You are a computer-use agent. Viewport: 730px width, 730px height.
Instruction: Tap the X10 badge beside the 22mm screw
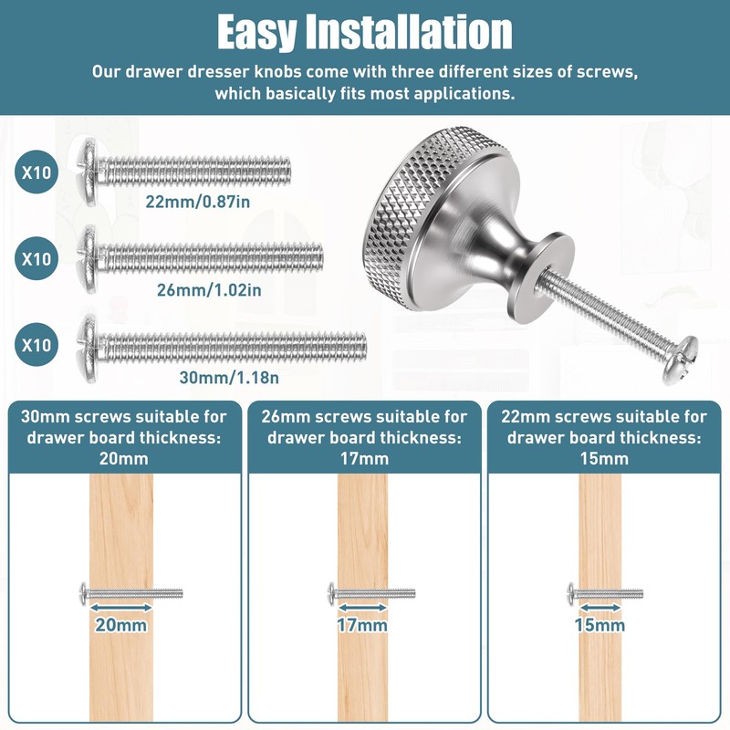[36, 171]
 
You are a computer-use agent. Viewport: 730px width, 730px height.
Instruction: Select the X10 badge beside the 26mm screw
[36, 258]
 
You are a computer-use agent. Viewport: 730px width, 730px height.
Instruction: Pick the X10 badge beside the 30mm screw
[36, 346]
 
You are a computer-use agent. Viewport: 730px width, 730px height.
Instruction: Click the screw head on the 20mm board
[83, 593]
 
